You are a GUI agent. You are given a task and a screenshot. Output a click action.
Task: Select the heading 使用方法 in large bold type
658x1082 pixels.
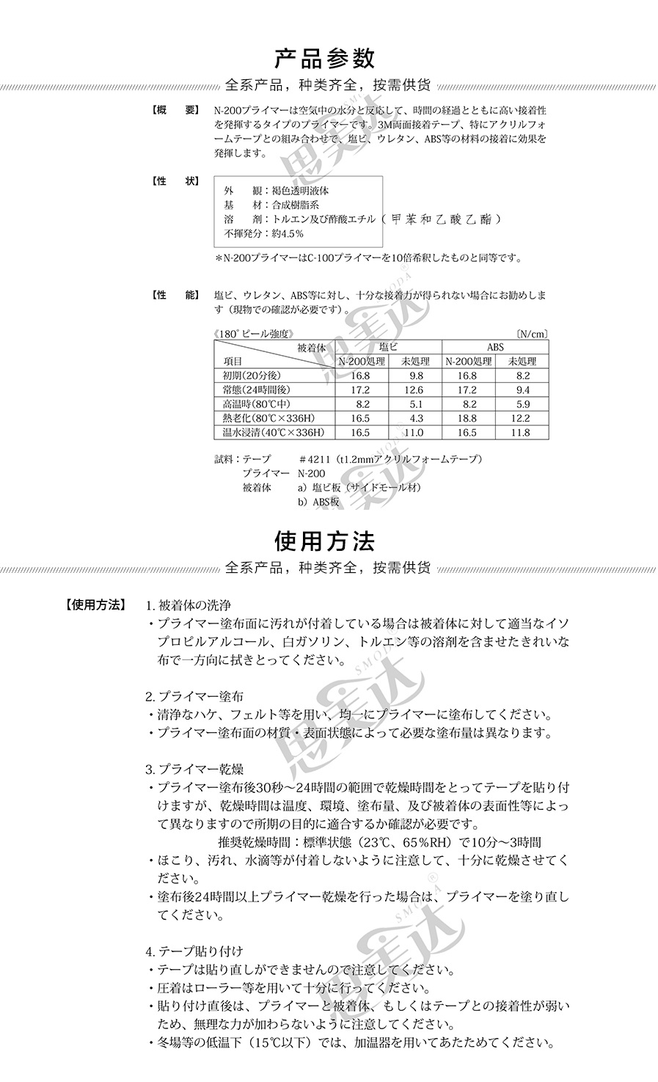(x=325, y=541)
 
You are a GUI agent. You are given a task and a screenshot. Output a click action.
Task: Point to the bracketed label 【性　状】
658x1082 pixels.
(x=173, y=181)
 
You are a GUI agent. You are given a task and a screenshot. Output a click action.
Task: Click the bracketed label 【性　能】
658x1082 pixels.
(x=173, y=295)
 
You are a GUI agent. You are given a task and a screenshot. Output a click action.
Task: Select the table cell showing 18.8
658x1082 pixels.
(x=467, y=418)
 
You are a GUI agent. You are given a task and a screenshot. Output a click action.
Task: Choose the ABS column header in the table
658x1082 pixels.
(x=495, y=347)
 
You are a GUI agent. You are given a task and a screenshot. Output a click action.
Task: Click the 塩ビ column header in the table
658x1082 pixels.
(x=388, y=347)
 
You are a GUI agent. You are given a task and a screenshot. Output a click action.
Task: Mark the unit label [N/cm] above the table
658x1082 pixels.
(x=532, y=334)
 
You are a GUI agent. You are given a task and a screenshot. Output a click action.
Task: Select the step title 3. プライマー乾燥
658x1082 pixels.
(x=194, y=770)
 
